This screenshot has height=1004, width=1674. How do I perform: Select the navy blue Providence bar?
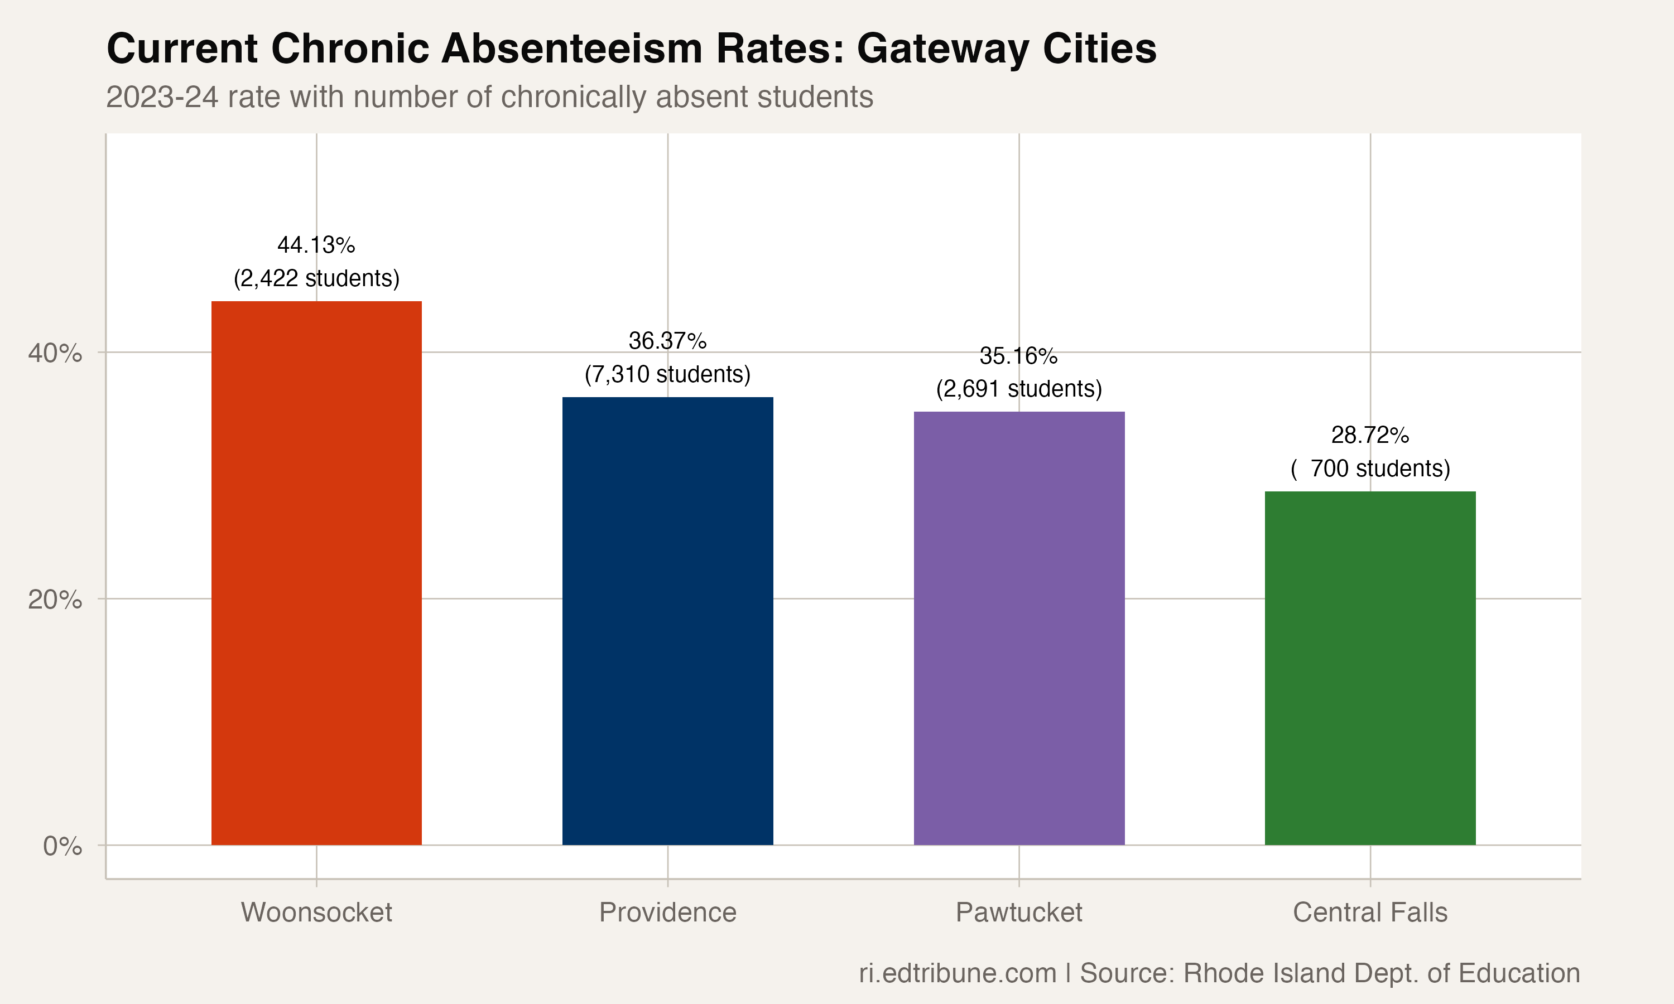coord(667,620)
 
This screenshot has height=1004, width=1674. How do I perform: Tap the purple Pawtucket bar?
coord(1018,628)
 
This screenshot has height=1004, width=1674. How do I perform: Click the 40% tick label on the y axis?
coord(55,353)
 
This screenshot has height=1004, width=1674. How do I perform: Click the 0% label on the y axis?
coord(62,846)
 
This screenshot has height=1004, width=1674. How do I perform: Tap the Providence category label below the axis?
coord(667,912)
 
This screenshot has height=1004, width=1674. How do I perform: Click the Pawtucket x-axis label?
coord(1018,912)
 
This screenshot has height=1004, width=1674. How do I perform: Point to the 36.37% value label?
coord(667,340)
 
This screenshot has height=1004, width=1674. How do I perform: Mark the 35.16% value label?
coord(1018,355)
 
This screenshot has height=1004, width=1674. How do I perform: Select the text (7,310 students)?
coord(667,374)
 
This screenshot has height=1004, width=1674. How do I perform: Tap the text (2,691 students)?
coord(1018,389)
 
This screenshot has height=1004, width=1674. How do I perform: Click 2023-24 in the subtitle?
coord(162,96)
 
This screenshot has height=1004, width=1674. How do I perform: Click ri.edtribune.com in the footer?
coord(957,973)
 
